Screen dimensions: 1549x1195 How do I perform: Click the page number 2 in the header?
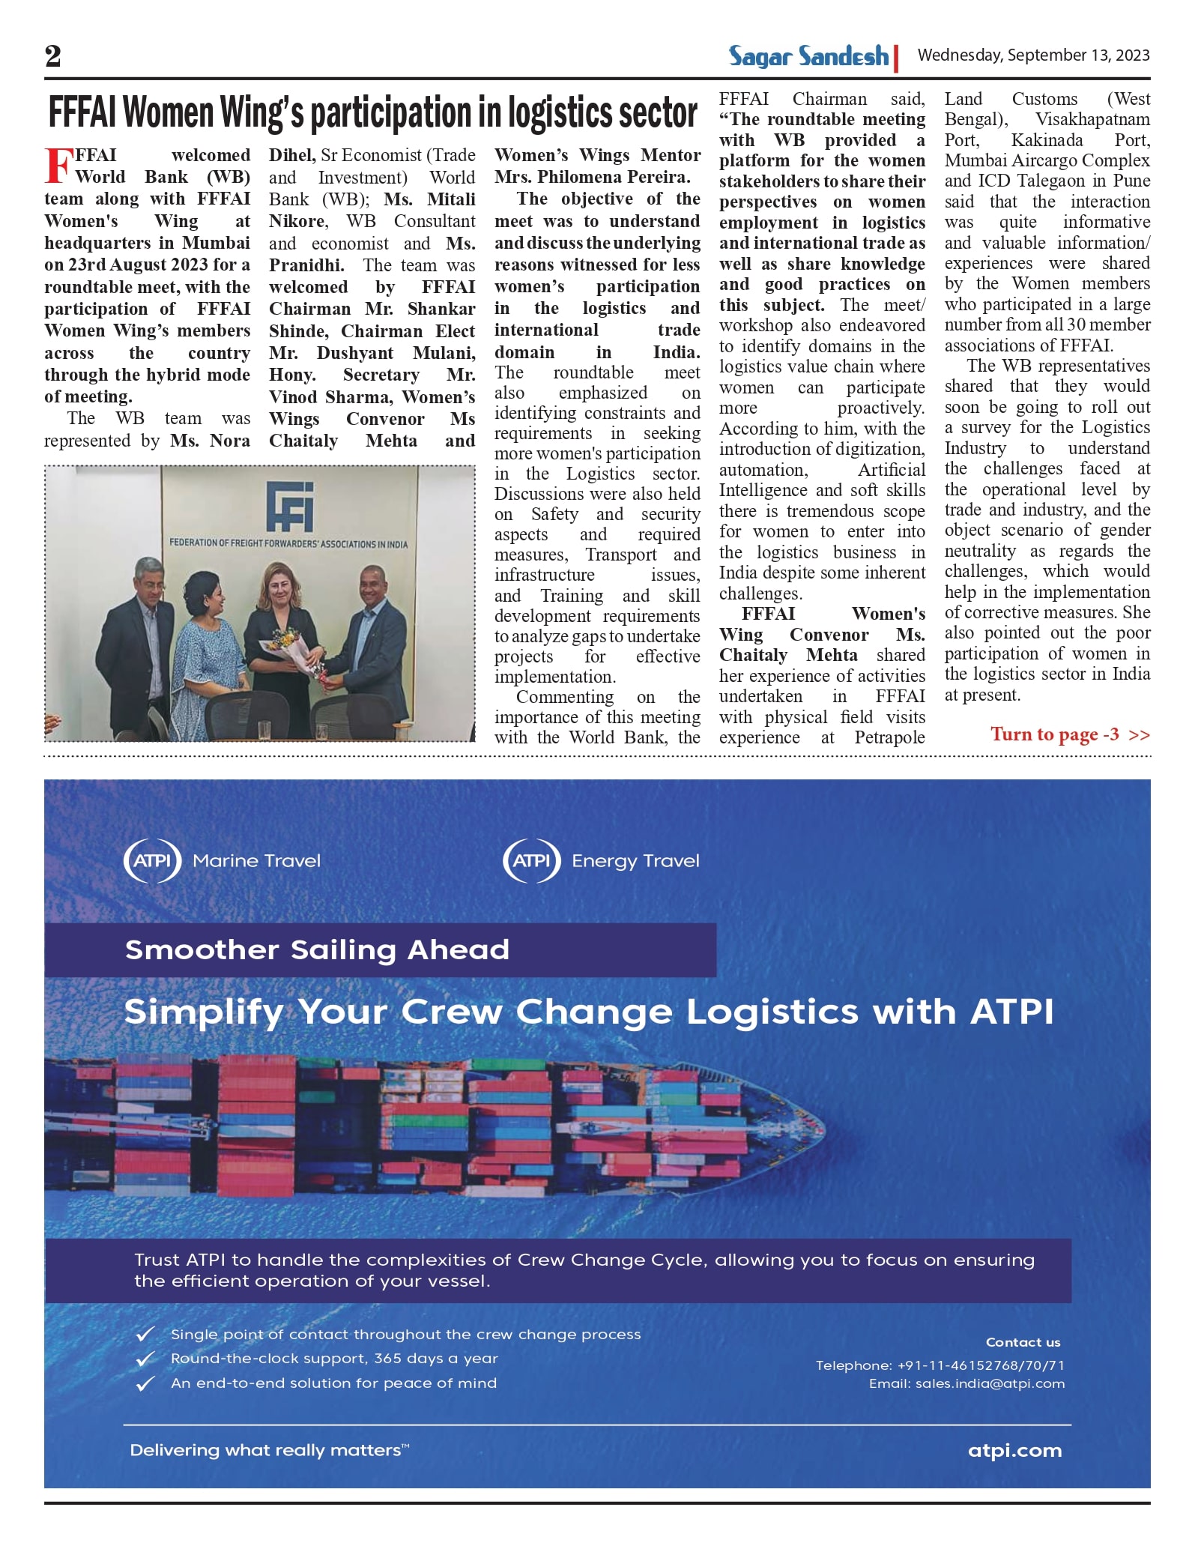[x=52, y=56]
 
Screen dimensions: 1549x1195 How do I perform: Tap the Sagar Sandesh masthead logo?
[x=808, y=56]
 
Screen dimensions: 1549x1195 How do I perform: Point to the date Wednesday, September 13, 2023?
[x=1033, y=55]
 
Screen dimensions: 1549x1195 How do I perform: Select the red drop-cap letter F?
[x=58, y=166]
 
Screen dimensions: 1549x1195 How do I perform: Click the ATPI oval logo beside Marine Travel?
[x=152, y=860]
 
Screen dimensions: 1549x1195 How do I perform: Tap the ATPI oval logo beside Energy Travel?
[x=531, y=860]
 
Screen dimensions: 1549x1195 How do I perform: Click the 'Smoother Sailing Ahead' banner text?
[x=317, y=949]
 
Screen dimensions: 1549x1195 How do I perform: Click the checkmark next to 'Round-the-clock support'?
[x=145, y=1359]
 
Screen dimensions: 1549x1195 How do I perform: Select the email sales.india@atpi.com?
[x=966, y=1383]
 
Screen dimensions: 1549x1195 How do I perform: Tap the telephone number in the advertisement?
[x=940, y=1365]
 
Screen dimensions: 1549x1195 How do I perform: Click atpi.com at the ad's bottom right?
[x=1014, y=1450]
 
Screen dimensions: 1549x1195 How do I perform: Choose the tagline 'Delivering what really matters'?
[x=269, y=1450]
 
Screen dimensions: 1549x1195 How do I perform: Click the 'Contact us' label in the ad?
[x=1023, y=1342]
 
